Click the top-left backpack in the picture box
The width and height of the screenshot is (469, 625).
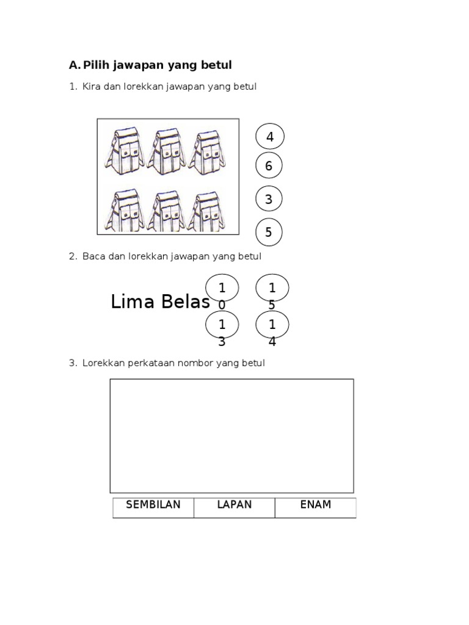(123, 151)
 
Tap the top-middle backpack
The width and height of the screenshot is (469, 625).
(167, 152)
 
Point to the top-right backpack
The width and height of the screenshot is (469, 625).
(206, 153)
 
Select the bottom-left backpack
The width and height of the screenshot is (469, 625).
(123, 211)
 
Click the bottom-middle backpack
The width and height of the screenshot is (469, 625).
(166, 211)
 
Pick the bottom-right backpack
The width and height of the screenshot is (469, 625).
(206, 211)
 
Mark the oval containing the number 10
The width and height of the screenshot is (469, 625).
(222, 287)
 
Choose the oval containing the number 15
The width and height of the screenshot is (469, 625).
(272, 287)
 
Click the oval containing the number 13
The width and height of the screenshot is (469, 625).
(222, 325)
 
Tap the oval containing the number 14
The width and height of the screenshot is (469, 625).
(272, 325)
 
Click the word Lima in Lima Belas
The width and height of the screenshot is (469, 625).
(133, 302)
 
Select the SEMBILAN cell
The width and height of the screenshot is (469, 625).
(153, 508)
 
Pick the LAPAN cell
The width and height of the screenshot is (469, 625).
(234, 508)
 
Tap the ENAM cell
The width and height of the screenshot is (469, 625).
(316, 508)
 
